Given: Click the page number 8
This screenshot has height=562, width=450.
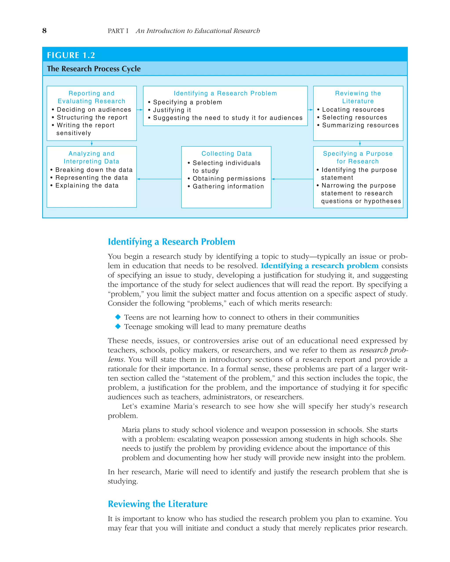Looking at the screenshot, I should pyautogui.click(x=44, y=31).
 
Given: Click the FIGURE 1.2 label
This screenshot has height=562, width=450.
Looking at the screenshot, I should pyautogui.click(x=71, y=55).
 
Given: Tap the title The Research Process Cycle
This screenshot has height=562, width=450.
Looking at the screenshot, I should pyautogui.click(x=94, y=68).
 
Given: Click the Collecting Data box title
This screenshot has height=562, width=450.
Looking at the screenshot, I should pyautogui.click(x=227, y=153).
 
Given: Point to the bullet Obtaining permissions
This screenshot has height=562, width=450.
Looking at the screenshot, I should pyautogui.click(x=229, y=178).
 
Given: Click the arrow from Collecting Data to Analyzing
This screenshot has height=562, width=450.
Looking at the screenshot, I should pyautogui.click(x=159, y=179).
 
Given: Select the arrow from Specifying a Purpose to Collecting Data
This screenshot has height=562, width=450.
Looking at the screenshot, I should pyautogui.click(x=292, y=179).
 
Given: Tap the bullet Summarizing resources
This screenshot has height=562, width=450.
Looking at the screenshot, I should pyautogui.click(x=360, y=125).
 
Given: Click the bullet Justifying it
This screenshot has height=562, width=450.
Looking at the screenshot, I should pyautogui.click(x=172, y=110).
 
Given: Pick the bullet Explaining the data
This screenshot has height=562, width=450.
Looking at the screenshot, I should pyautogui.click(x=87, y=185).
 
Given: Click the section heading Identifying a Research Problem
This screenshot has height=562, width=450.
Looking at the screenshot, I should pyautogui.click(x=171, y=242).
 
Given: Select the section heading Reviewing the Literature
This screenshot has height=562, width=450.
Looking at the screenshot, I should pyautogui.click(x=158, y=504).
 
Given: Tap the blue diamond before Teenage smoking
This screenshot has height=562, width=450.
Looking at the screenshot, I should pyautogui.click(x=118, y=326).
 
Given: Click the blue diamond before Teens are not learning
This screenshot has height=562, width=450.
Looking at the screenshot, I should pyautogui.click(x=118, y=317).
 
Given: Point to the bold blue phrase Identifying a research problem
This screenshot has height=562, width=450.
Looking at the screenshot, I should pyautogui.click(x=319, y=266).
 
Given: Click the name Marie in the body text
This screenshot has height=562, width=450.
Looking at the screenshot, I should pyautogui.click(x=174, y=472).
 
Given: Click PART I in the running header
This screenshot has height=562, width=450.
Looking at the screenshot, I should pyautogui.click(x=118, y=31).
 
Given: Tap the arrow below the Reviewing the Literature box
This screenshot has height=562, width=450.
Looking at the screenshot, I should pyautogui.click(x=360, y=143).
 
